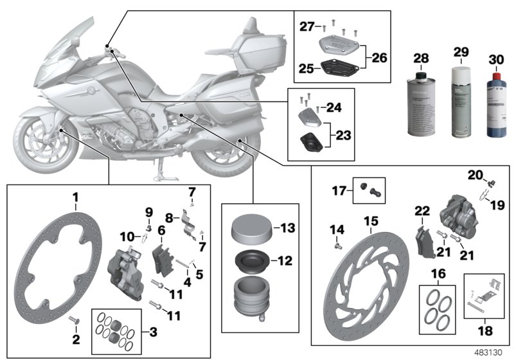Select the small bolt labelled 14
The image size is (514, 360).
pyautogui.click(x=337, y=244)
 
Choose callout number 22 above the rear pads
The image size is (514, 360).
pyautogui.click(x=421, y=210)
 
